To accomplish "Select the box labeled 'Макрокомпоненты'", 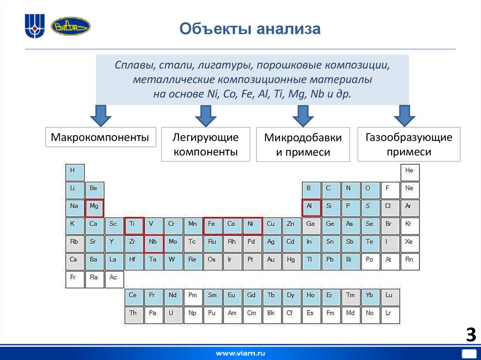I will click(101, 137).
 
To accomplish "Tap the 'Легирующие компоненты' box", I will click(205, 144).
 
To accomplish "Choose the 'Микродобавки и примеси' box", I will click(303, 145).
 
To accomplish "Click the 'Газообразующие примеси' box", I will click(409, 144).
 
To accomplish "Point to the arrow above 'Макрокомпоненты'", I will click(100, 115).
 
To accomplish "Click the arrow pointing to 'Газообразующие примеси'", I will click(404, 115).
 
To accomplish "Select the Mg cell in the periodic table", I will click(94, 207).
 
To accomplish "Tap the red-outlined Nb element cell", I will click(153, 243).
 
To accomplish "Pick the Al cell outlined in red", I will click(310, 207).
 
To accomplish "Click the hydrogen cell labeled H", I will click(74, 172).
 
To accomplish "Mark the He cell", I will click(410, 172).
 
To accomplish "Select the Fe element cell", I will click(212, 225).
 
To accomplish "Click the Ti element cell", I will click(133, 225).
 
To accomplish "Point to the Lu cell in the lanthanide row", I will click(390, 297).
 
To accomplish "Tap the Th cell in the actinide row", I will click(133, 314).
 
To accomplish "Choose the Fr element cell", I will click(74, 279).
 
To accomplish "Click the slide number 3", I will click(471, 335).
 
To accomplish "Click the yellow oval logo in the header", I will click(70, 27).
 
